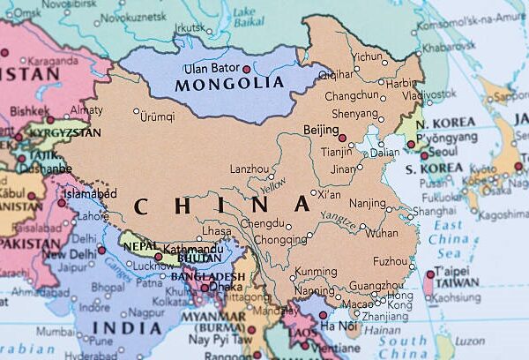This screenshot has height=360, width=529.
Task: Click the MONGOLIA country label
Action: [229, 85]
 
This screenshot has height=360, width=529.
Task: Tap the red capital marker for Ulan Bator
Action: [247, 69]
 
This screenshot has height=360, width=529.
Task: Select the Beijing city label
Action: [320, 131]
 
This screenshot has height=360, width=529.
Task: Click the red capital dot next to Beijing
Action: [342, 138]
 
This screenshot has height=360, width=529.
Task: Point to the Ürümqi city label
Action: [158, 116]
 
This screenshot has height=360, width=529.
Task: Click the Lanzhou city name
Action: [250, 169]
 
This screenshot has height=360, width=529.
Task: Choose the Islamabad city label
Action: [89, 193]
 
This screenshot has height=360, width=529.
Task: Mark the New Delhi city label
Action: [68, 254]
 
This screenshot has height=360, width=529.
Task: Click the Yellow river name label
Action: [273, 186]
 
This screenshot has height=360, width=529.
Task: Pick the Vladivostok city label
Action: [424, 95]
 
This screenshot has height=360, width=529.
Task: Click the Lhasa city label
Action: [217, 231]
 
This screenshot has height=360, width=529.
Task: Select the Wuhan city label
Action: [382, 234]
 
